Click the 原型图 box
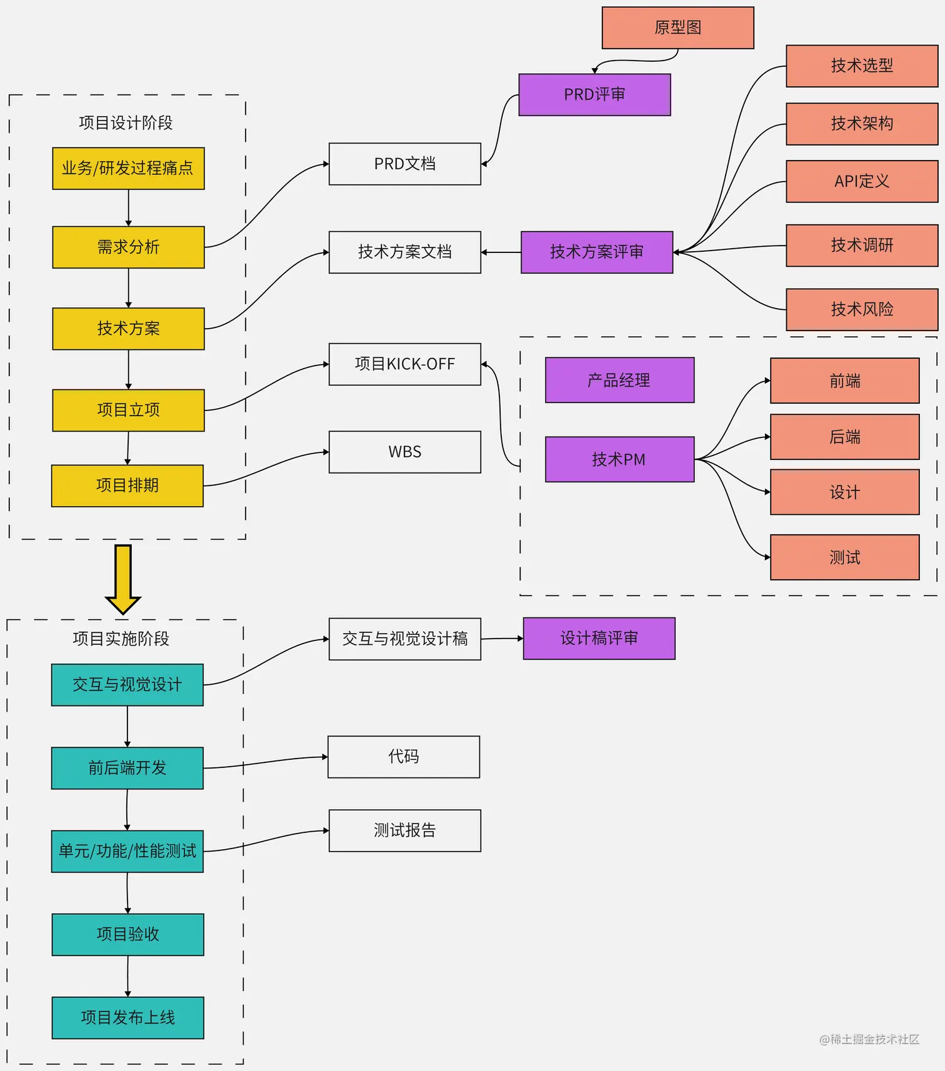click(677, 27)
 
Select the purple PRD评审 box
click(594, 94)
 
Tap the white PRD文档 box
click(404, 164)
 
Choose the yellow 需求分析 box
click(128, 247)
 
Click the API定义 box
click(861, 181)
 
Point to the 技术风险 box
click(861, 309)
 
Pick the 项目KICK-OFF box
click(404, 364)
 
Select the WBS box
click(404, 452)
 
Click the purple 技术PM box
click(619, 459)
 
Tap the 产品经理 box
click(619, 380)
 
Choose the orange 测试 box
click(844, 557)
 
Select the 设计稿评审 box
click(599, 638)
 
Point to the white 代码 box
click(403, 757)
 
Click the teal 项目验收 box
click(127, 934)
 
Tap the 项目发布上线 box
click(127, 1017)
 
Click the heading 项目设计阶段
click(126, 122)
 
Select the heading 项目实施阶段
click(121, 639)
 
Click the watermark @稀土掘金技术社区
click(869, 1039)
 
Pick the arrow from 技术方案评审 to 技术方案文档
click(501, 252)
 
